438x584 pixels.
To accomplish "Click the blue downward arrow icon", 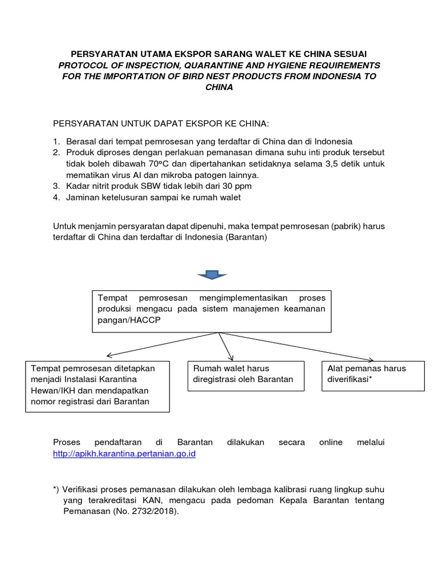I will (212, 276).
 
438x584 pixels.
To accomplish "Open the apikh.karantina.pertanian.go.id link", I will (124, 455).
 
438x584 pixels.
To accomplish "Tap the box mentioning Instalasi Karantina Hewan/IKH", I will (97, 385).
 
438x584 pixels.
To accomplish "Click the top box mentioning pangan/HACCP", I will (212, 310).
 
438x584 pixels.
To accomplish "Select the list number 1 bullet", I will (56, 141).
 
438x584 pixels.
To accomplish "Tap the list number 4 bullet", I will (56, 197).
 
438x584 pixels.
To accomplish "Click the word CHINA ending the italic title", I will (218, 87).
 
